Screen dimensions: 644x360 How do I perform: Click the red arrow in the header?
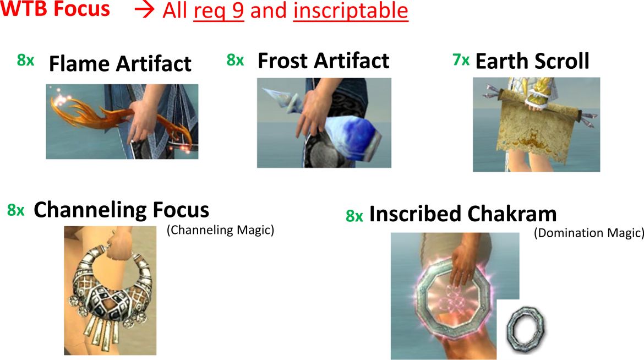(x=144, y=10)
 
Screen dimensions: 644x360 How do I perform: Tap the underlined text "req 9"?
(x=219, y=10)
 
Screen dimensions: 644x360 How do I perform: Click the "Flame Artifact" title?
(x=120, y=64)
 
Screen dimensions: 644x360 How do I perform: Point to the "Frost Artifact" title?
(x=323, y=61)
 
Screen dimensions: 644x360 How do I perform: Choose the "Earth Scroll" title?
(x=532, y=61)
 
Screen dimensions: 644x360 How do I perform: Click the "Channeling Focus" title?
(x=121, y=210)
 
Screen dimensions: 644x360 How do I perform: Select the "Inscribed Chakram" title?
(x=463, y=214)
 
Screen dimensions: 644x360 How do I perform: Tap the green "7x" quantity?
(x=461, y=60)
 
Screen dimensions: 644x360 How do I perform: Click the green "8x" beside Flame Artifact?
(x=25, y=61)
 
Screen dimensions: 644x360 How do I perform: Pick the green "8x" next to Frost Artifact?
(x=236, y=60)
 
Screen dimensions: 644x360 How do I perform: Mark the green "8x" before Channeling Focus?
(x=15, y=210)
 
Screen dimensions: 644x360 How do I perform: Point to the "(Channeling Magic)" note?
(x=220, y=230)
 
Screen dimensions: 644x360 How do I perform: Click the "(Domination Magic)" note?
(x=588, y=233)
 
